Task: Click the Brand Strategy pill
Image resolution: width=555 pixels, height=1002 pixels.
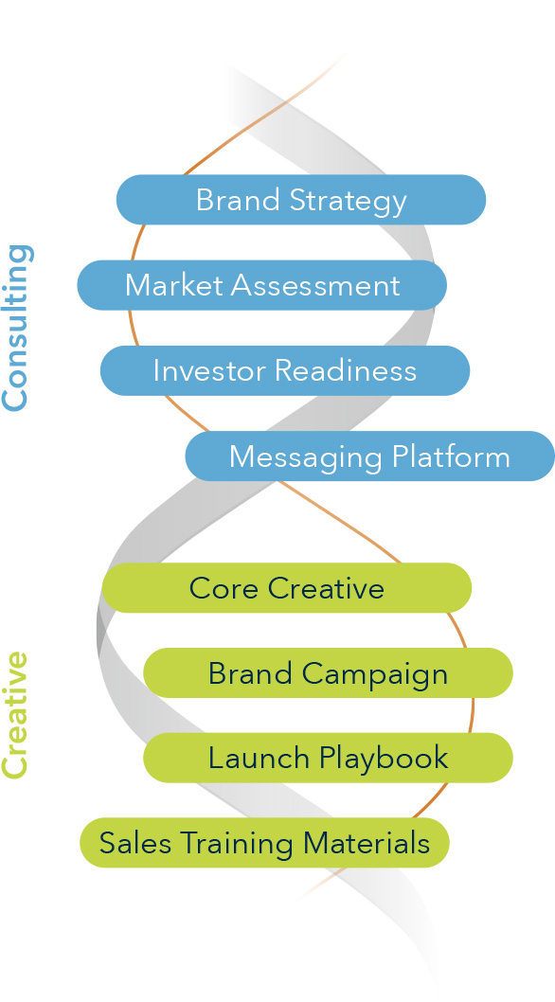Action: pyautogui.click(x=300, y=200)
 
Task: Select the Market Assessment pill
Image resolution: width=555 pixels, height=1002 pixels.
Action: pyautogui.click(x=261, y=285)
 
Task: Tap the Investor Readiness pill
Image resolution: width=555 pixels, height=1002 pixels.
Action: pyautogui.click(x=284, y=370)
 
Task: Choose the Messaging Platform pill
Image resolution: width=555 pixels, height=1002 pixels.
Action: pyautogui.click(x=369, y=456)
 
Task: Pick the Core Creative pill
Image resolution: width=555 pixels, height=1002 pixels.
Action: pyautogui.click(x=286, y=588)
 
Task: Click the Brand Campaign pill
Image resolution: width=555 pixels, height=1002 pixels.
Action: pyautogui.click(x=328, y=673)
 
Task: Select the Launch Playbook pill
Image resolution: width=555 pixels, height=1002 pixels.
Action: pyautogui.click(x=328, y=758)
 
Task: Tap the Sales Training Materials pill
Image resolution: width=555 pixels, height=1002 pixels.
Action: pyautogui.click(x=264, y=843)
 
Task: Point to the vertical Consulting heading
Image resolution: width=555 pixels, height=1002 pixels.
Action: pyautogui.click(x=16, y=327)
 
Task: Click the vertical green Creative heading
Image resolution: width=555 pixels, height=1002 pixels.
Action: pyautogui.click(x=16, y=715)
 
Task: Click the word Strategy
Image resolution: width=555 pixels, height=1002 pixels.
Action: pyautogui.click(x=349, y=202)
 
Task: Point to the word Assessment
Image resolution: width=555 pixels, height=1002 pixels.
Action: pyautogui.click(x=315, y=285)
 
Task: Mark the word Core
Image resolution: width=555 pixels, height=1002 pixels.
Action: pyautogui.click(x=224, y=588)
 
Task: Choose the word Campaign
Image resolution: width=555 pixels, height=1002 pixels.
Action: pyautogui.click(x=375, y=675)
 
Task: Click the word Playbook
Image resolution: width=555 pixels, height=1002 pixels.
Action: pyautogui.click(x=384, y=760)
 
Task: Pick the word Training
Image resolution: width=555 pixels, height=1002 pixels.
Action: pyautogui.click(x=236, y=845)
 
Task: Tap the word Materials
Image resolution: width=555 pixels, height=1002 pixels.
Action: pyautogui.click(x=367, y=843)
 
